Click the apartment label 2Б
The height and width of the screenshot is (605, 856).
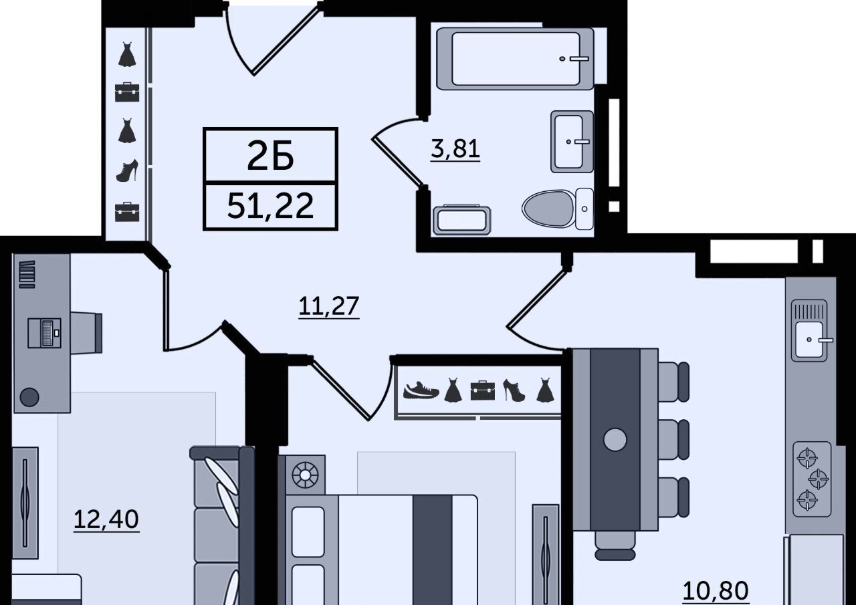[x=270, y=156]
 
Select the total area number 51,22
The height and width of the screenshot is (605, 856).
[x=270, y=205]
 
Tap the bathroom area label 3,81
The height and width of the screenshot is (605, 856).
[x=455, y=148]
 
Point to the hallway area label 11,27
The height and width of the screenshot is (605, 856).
[x=328, y=306]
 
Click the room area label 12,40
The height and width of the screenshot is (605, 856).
[x=106, y=519]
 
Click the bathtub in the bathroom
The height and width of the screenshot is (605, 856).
[x=515, y=59]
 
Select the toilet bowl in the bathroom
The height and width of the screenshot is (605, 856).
[x=558, y=209]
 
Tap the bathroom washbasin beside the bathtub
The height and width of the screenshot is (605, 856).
[x=572, y=142]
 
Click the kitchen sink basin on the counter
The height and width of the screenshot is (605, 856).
[x=809, y=339]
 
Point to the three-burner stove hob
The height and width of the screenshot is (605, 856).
[x=812, y=479]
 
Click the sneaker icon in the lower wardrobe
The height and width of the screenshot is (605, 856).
[x=421, y=390]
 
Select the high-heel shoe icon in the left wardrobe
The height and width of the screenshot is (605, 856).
[x=127, y=170]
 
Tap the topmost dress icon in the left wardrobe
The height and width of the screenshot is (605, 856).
[x=127, y=54]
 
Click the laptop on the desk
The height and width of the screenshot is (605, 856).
[x=44, y=333]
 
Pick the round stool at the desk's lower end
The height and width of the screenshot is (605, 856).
[x=29, y=397]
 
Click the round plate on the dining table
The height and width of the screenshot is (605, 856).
[x=615, y=440]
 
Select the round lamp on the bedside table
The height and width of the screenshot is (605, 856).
[x=305, y=475]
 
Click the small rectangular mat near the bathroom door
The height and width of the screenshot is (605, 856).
[x=462, y=221]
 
